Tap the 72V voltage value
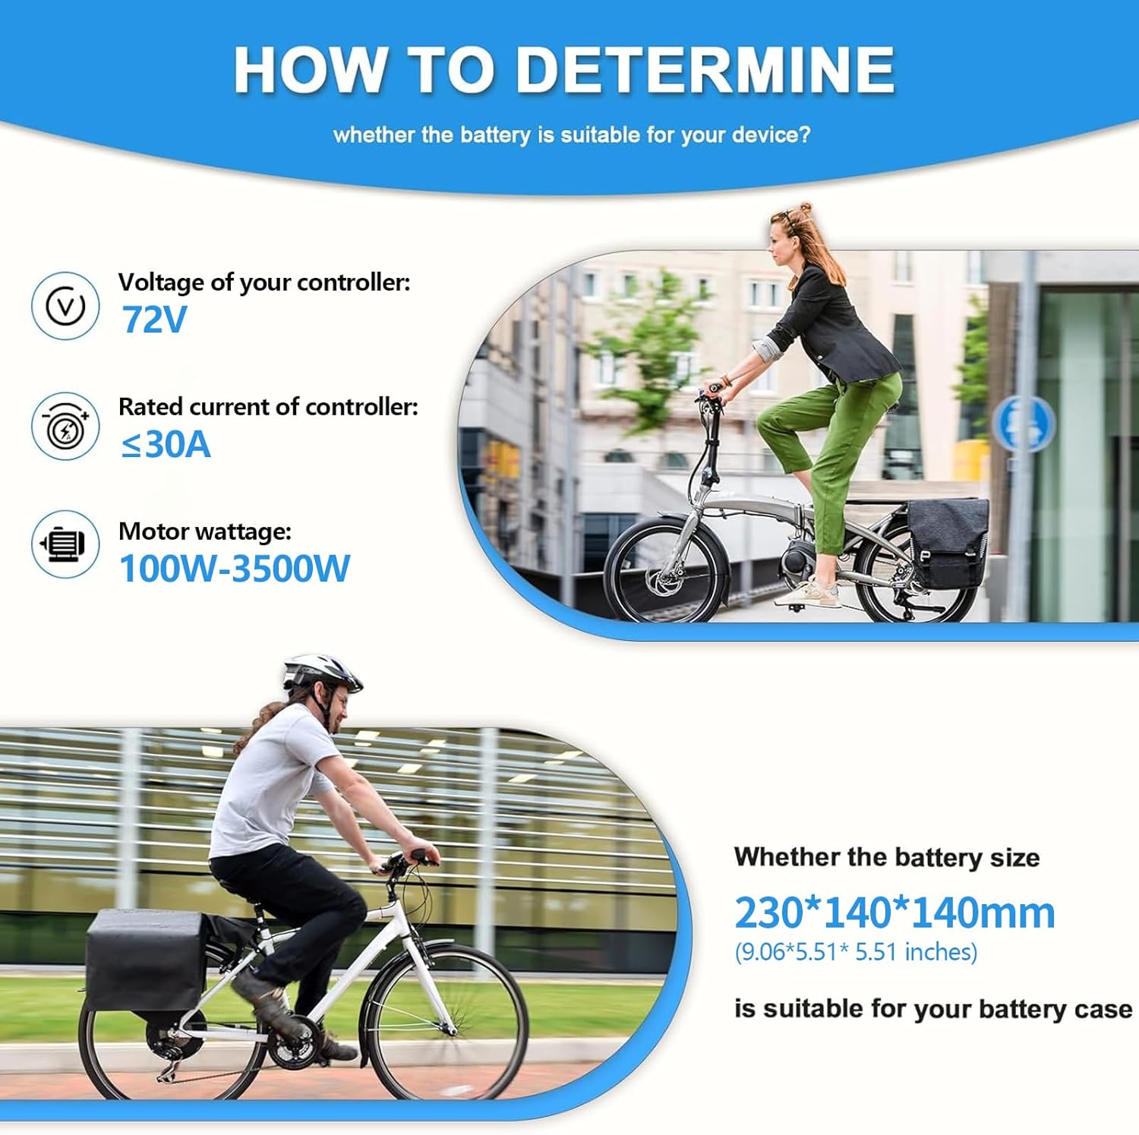coord(154,320)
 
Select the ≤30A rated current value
coord(166,444)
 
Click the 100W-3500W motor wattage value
coord(235,569)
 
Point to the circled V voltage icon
coord(65,306)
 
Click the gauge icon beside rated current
coord(65,427)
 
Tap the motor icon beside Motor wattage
coord(65,544)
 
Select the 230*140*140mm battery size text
coord(894,913)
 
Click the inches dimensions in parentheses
coord(856,952)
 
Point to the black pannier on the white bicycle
coord(145,961)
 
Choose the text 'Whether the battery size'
coord(887,857)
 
